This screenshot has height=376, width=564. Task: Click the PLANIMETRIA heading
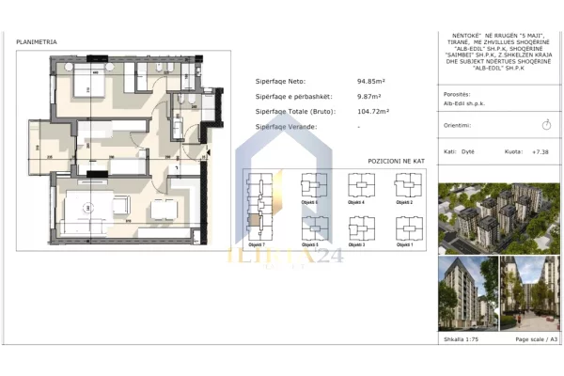pos(37,42)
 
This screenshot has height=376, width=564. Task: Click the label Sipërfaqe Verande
pos(287,126)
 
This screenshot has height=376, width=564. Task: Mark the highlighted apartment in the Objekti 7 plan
pos(255,222)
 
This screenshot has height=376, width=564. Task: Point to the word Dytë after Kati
pos(468,150)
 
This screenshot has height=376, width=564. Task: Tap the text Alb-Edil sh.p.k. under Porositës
pos(464,104)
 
